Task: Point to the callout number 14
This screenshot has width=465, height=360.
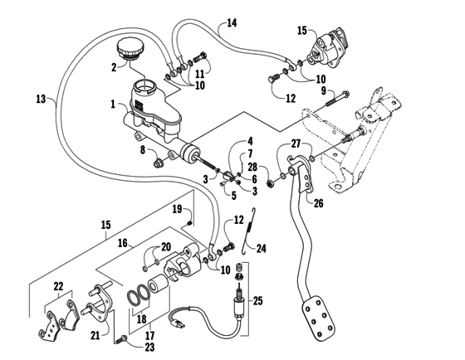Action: point(231,21)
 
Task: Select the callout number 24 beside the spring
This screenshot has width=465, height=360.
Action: point(263,246)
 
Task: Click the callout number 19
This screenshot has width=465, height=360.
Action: point(177,210)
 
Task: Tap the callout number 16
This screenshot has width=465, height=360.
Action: point(123,243)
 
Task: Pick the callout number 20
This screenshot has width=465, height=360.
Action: point(166,246)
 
